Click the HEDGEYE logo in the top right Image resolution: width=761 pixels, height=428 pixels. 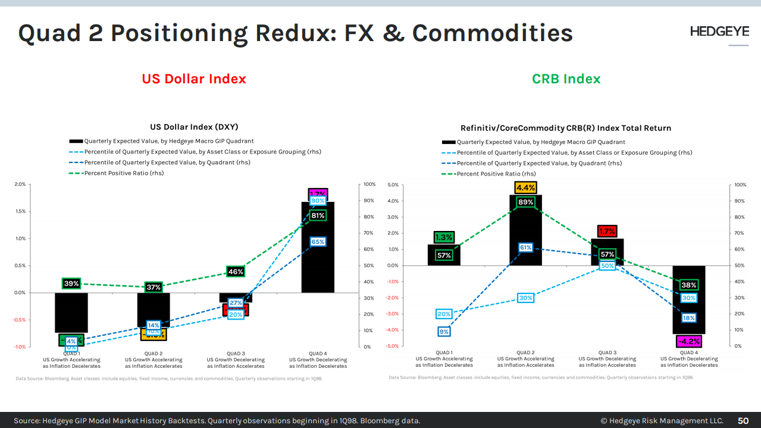719,32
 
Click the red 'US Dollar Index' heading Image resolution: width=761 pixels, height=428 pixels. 194,79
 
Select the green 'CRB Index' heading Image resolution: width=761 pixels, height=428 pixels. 566,79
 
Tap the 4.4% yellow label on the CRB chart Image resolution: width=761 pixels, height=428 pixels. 525,188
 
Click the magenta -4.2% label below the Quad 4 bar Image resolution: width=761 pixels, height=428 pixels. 688,342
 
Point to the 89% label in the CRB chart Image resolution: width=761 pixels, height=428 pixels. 525,202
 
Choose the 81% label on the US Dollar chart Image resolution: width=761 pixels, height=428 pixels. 318,215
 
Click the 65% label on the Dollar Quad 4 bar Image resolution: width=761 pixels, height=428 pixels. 318,242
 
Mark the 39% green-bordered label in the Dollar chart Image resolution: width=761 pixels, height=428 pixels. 71,284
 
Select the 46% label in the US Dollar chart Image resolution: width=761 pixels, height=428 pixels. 236,272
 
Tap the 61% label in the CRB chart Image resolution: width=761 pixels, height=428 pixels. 525,248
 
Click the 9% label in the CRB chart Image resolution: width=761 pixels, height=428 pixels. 444,332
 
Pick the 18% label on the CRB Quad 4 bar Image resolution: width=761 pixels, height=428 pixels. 688,318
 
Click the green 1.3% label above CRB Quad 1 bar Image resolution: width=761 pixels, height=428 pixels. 444,238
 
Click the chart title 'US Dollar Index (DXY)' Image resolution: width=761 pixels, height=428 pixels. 194,127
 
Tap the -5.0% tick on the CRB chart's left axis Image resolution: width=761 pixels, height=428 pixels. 393,346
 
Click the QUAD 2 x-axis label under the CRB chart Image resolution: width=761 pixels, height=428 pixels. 525,359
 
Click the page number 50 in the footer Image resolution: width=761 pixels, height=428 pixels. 743,421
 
